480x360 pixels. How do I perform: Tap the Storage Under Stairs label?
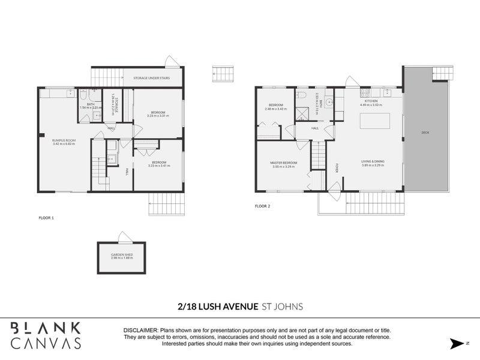pyautogui.click(x=148, y=78)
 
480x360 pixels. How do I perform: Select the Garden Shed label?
pyautogui.click(x=122, y=255)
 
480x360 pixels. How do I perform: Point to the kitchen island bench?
pyautogui.click(x=373, y=121)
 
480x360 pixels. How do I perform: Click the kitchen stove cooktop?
pyautogui.click(x=364, y=92)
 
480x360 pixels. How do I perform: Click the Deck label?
pyautogui.click(x=425, y=133)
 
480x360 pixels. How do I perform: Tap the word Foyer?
pyautogui.click(x=337, y=167)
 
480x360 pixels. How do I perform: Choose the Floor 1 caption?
pyautogui.click(x=46, y=218)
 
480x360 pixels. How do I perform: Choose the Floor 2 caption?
pyautogui.click(x=263, y=206)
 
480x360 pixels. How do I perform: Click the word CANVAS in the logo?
pyautogui.click(x=46, y=343)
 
